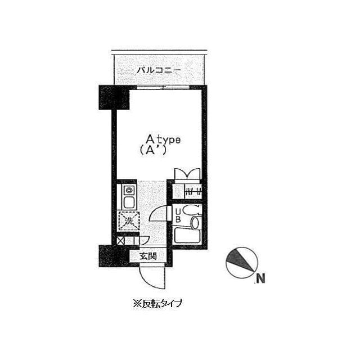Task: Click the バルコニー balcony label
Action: pos(158,70)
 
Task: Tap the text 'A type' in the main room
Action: pos(163,139)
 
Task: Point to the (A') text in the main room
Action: pos(152,150)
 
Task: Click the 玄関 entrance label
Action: pos(148,256)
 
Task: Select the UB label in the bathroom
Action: pos(178,215)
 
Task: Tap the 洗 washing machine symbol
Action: pos(129,221)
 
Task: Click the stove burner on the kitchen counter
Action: pos(129,190)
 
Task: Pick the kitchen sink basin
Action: pos(129,202)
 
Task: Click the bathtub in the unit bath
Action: pos(187,236)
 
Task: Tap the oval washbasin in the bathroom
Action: pos(196,222)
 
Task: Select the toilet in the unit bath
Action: pos(192,210)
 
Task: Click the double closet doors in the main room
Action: pos(187,174)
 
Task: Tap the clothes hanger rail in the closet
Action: pos(193,191)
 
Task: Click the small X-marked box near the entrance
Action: pos(120,241)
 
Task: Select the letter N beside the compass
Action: pos(260,278)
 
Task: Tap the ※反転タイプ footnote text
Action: pos(157,304)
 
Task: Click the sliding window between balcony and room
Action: pos(163,87)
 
